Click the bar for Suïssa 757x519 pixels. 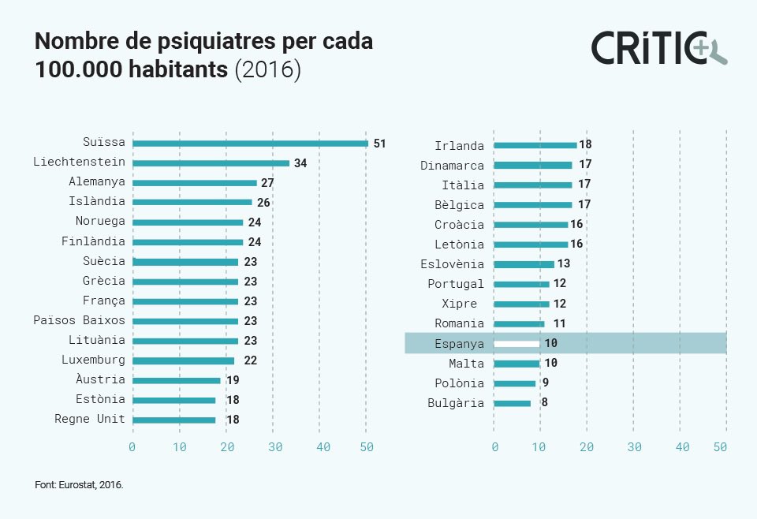(250, 144)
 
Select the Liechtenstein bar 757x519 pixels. (211, 163)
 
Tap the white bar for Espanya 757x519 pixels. (516, 344)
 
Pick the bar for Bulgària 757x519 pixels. (512, 403)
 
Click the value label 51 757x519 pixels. (379, 144)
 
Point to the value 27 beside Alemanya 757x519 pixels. (267, 183)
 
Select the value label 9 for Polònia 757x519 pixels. (545, 383)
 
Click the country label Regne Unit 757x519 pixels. (89, 419)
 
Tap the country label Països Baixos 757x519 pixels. (79, 320)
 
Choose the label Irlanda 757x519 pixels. (459, 145)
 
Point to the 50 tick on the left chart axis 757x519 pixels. (366, 447)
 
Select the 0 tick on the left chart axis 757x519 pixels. (132, 447)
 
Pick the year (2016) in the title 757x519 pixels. (268, 69)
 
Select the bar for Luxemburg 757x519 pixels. (183, 360)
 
